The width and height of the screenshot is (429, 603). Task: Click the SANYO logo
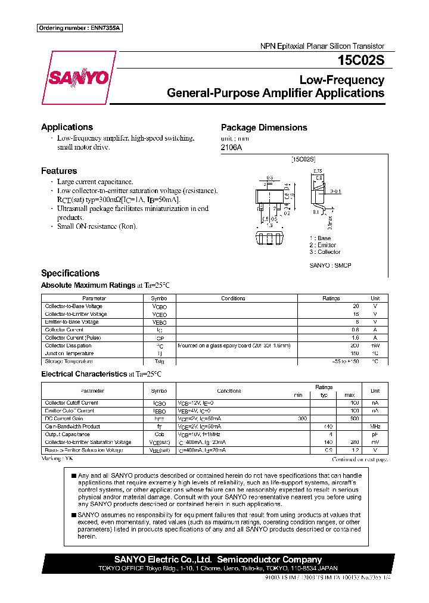[79, 78]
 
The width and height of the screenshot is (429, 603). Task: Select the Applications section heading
[67, 127]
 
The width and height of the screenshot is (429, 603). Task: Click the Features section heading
[59, 171]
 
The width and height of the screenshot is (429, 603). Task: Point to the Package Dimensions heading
[264, 128]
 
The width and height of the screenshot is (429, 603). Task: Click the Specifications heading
[70, 273]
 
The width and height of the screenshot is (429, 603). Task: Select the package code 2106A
[232, 148]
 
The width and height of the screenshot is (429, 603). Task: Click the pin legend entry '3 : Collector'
[325, 252]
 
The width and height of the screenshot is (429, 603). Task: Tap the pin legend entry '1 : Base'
[320, 238]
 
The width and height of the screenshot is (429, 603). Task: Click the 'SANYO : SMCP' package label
[330, 265]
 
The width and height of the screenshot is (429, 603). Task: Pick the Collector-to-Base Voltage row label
[73, 306]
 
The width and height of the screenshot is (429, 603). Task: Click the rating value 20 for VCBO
[356, 306]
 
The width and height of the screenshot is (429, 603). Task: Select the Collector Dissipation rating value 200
[355, 346]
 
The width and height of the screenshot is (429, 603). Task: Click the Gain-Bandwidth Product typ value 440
[326, 427]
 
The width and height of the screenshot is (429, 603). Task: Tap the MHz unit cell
[375, 427]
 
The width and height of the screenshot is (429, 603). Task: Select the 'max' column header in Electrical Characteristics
[350, 395]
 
